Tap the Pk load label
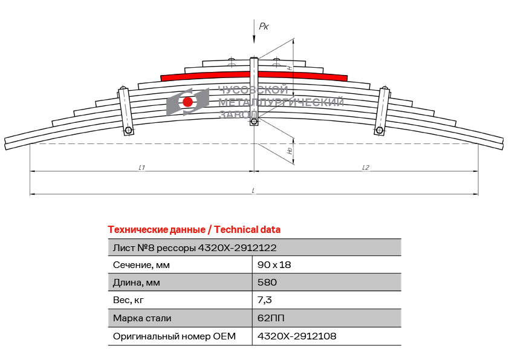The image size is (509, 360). pos(264,26)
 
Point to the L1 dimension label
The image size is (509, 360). pos(142,168)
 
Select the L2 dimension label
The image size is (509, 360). pos(366,168)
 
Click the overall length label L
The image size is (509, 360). pos(253,191)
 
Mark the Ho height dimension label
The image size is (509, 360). pos(290,151)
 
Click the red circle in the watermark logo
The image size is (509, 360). pos(187,102)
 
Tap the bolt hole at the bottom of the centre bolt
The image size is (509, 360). pos(254,122)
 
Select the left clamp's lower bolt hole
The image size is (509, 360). pos(128,131)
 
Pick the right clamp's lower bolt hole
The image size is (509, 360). pos(379,131)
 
